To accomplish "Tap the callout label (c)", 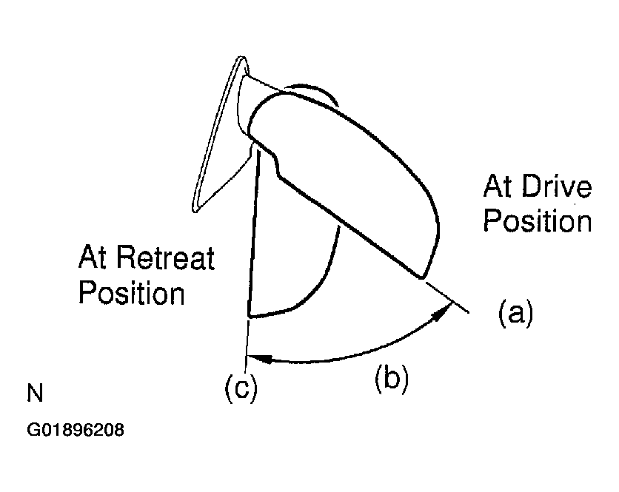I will [241, 388].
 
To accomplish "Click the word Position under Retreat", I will [131, 293].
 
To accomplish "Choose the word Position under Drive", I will [537, 220].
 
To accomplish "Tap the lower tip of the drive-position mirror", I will [421, 277].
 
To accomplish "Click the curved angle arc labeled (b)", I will [348, 357].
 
